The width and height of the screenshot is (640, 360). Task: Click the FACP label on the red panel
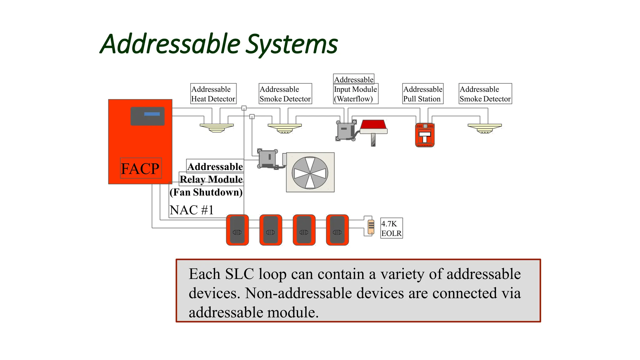click(x=140, y=168)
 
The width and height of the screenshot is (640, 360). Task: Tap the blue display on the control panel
click(x=152, y=114)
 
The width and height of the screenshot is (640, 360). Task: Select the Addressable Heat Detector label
click(x=213, y=94)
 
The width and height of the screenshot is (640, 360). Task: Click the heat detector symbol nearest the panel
click(x=217, y=128)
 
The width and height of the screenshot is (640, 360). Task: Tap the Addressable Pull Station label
click(x=422, y=94)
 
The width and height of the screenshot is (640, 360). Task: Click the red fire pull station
click(x=425, y=135)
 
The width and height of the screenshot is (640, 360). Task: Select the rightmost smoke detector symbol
click(x=484, y=128)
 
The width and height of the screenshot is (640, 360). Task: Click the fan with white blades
click(x=310, y=172)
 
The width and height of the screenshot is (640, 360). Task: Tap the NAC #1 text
click(x=192, y=210)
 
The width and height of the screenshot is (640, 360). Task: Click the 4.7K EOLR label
click(x=391, y=228)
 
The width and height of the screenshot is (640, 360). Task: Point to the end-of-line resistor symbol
click(x=371, y=227)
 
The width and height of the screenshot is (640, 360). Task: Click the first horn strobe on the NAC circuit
click(x=237, y=230)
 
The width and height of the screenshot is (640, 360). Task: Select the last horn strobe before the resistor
click(x=337, y=230)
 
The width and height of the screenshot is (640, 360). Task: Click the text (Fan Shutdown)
click(x=206, y=192)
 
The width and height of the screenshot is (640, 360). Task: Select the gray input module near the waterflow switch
click(x=346, y=131)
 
